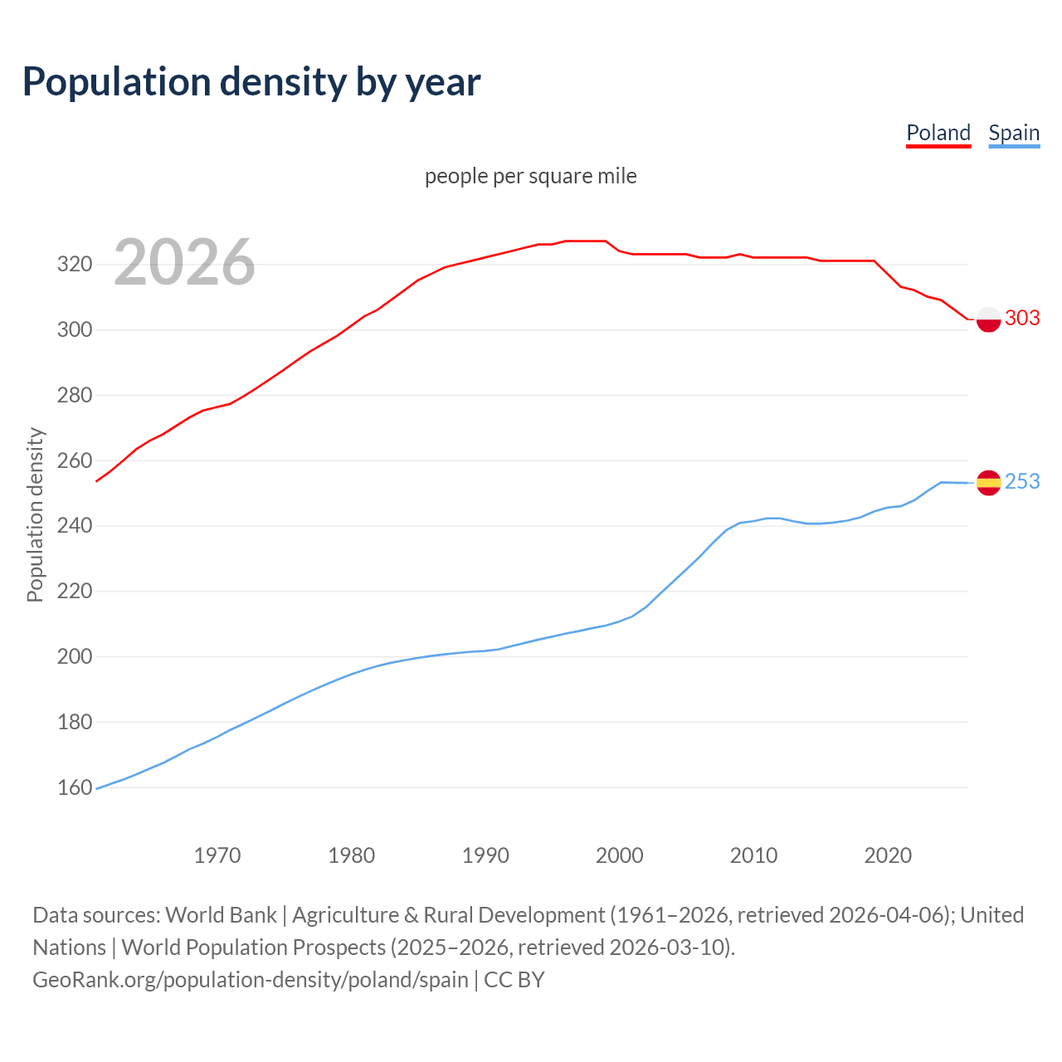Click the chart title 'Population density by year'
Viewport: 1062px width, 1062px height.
click(x=251, y=82)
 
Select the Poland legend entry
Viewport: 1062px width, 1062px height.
click(x=938, y=133)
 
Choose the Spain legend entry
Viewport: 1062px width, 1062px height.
click(x=1014, y=133)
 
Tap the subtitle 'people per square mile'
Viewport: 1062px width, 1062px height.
click(x=530, y=177)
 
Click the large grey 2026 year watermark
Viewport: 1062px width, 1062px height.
click(x=184, y=262)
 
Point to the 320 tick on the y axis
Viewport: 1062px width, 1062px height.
click(x=74, y=265)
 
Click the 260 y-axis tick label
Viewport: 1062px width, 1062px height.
click(x=74, y=460)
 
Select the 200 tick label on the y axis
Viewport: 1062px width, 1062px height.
click(x=74, y=656)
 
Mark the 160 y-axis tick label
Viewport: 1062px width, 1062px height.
click(x=74, y=787)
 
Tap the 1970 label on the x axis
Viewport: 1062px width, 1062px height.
click(x=217, y=855)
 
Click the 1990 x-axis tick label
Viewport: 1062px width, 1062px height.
click(x=485, y=855)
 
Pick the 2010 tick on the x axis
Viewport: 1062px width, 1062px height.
click(x=753, y=855)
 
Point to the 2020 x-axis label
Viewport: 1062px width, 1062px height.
click(x=888, y=855)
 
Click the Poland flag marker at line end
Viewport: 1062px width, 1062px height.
click(x=988, y=319)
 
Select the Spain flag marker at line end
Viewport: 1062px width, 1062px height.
click(x=988, y=482)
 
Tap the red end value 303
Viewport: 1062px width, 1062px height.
click(x=1022, y=319)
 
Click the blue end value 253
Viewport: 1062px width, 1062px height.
click(x=1022, y=482)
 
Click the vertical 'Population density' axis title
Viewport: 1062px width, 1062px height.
click(x=35, y=514)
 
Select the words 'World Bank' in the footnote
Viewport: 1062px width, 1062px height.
click(x=221, y=915)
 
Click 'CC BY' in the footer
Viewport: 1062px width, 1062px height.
click(x=514, y=980)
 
